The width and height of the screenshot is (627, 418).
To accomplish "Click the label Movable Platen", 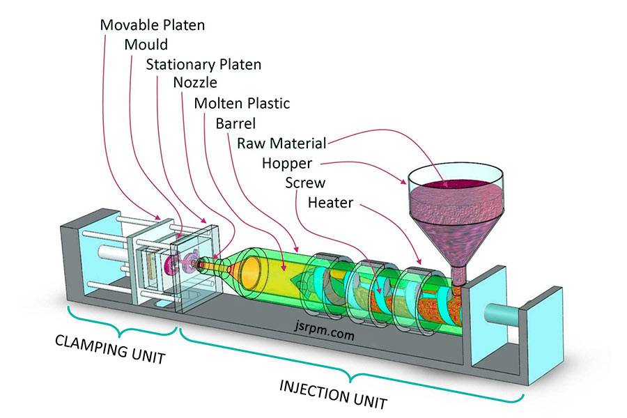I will point(153,24).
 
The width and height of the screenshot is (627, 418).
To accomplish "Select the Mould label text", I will point(146,45).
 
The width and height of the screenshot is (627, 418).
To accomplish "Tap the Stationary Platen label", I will point(203,65).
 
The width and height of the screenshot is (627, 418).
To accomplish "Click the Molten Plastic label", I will point(242,104).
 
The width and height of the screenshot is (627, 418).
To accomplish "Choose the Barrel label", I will point(235,124).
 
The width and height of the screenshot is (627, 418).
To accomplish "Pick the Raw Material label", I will point(281,144).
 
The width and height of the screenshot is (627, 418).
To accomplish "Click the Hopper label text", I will point(286,164).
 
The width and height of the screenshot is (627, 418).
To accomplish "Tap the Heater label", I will point(330,203).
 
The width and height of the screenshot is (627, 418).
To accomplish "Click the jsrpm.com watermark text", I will point(325,335).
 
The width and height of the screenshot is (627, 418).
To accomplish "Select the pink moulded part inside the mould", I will point(171,264).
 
